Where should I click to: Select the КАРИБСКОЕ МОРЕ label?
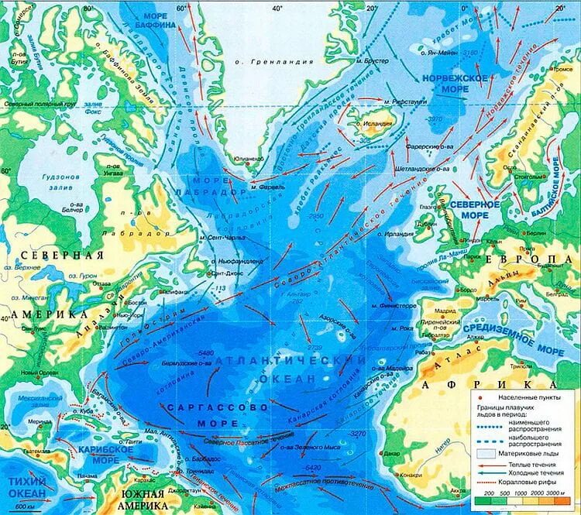(x=100, y=454)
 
